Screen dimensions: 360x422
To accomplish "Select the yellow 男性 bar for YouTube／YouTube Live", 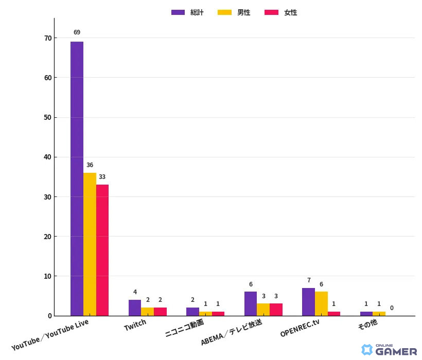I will pyautogui.click(x=90, y=244).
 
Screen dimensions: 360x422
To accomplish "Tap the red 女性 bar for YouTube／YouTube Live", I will pyautogui.click(x=102, y=250).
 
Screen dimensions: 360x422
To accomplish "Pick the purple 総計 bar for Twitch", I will pyautogui.click(x=135, y=308).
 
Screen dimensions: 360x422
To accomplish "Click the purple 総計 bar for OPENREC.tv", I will pyautogui.click(x=308, y=302).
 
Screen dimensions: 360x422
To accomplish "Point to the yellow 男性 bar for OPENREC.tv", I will pyautogui.click(x=321, y=303).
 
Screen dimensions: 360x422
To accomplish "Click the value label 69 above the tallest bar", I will pyautogui.click(x=77, y=32).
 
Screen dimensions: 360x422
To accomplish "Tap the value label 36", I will pyautogui.click(x=90, y=165).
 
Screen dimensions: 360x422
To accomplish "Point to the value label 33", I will pyautogui.click(x=102, y=177).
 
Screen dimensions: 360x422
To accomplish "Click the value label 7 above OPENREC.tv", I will pyautogui.click(x=309, y=280).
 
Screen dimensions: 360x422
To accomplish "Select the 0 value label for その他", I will pyautogui.click(x=392, y=308).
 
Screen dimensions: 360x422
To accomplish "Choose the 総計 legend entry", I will pyautogui.click(x=188, y=12).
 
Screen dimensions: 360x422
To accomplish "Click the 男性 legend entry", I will pyautogui.click(x=235, y=12).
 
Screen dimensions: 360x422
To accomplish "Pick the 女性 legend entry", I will pyautogui.click(x=281, y=12).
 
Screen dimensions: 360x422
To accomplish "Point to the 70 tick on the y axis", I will pyautogui.click(x=48, y=38).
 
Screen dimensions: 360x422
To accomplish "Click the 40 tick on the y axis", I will pyautogui.click(x=48, y=157).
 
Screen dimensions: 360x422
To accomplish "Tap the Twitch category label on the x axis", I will pyautogui.click(x=135, y=325).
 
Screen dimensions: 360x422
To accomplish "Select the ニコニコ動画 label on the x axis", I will pyautogui.click(x=184, y=328).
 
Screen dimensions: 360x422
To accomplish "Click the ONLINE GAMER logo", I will pyautogui.click(x=389, y=350).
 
